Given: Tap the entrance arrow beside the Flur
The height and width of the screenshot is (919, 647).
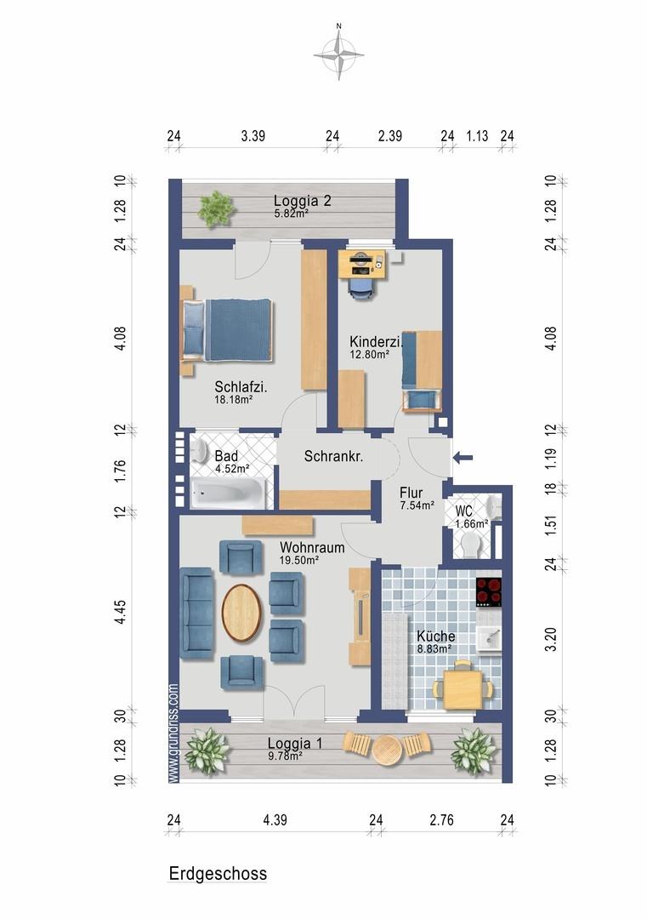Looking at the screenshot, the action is point(463,458).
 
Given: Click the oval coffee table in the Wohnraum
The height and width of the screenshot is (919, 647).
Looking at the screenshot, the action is point(241,613).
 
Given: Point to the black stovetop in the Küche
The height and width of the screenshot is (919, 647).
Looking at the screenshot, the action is point(488,592).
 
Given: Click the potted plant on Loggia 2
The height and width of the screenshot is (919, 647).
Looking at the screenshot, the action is point(216,208).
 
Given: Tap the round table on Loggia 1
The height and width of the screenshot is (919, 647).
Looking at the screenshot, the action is point(387,750).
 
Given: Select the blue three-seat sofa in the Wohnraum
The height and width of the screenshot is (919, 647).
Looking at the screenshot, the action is point(196,613).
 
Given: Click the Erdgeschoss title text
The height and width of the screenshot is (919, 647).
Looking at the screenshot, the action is point(218,873).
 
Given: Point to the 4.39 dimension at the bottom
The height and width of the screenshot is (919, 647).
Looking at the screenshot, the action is point(275,819).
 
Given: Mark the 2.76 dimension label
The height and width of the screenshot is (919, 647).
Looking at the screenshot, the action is point(441,819).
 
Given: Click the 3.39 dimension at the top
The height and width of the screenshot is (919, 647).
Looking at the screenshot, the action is point(253,136).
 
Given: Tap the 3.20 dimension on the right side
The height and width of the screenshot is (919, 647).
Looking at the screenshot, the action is point(550,639).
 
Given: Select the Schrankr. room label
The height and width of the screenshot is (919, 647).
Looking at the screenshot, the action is point(333,456).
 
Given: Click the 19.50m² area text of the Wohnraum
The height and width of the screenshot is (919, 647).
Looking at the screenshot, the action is point(298,560).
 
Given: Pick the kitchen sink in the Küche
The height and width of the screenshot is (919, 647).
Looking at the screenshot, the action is point(489,637).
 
